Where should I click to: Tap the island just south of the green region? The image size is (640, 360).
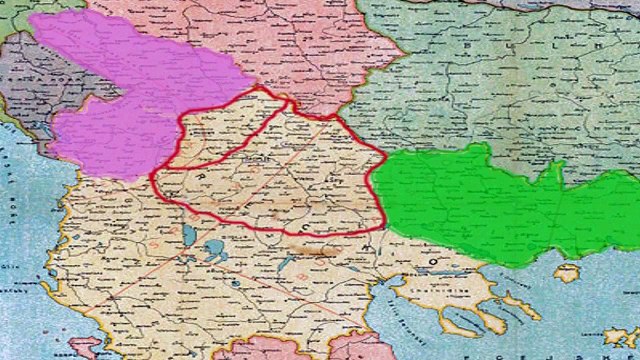pyautogui.click(x=567, y=272)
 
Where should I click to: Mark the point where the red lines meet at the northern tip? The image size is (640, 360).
pyautogui.click(x=290, y=100)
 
